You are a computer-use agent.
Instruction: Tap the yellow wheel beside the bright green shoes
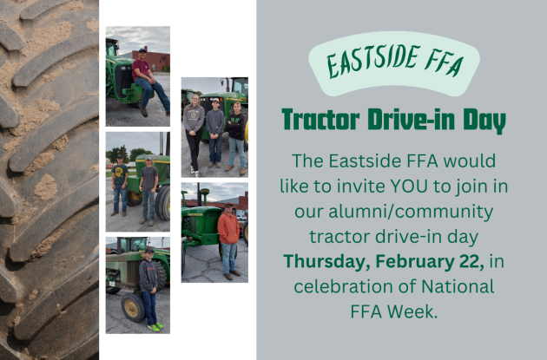point(132,306)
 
